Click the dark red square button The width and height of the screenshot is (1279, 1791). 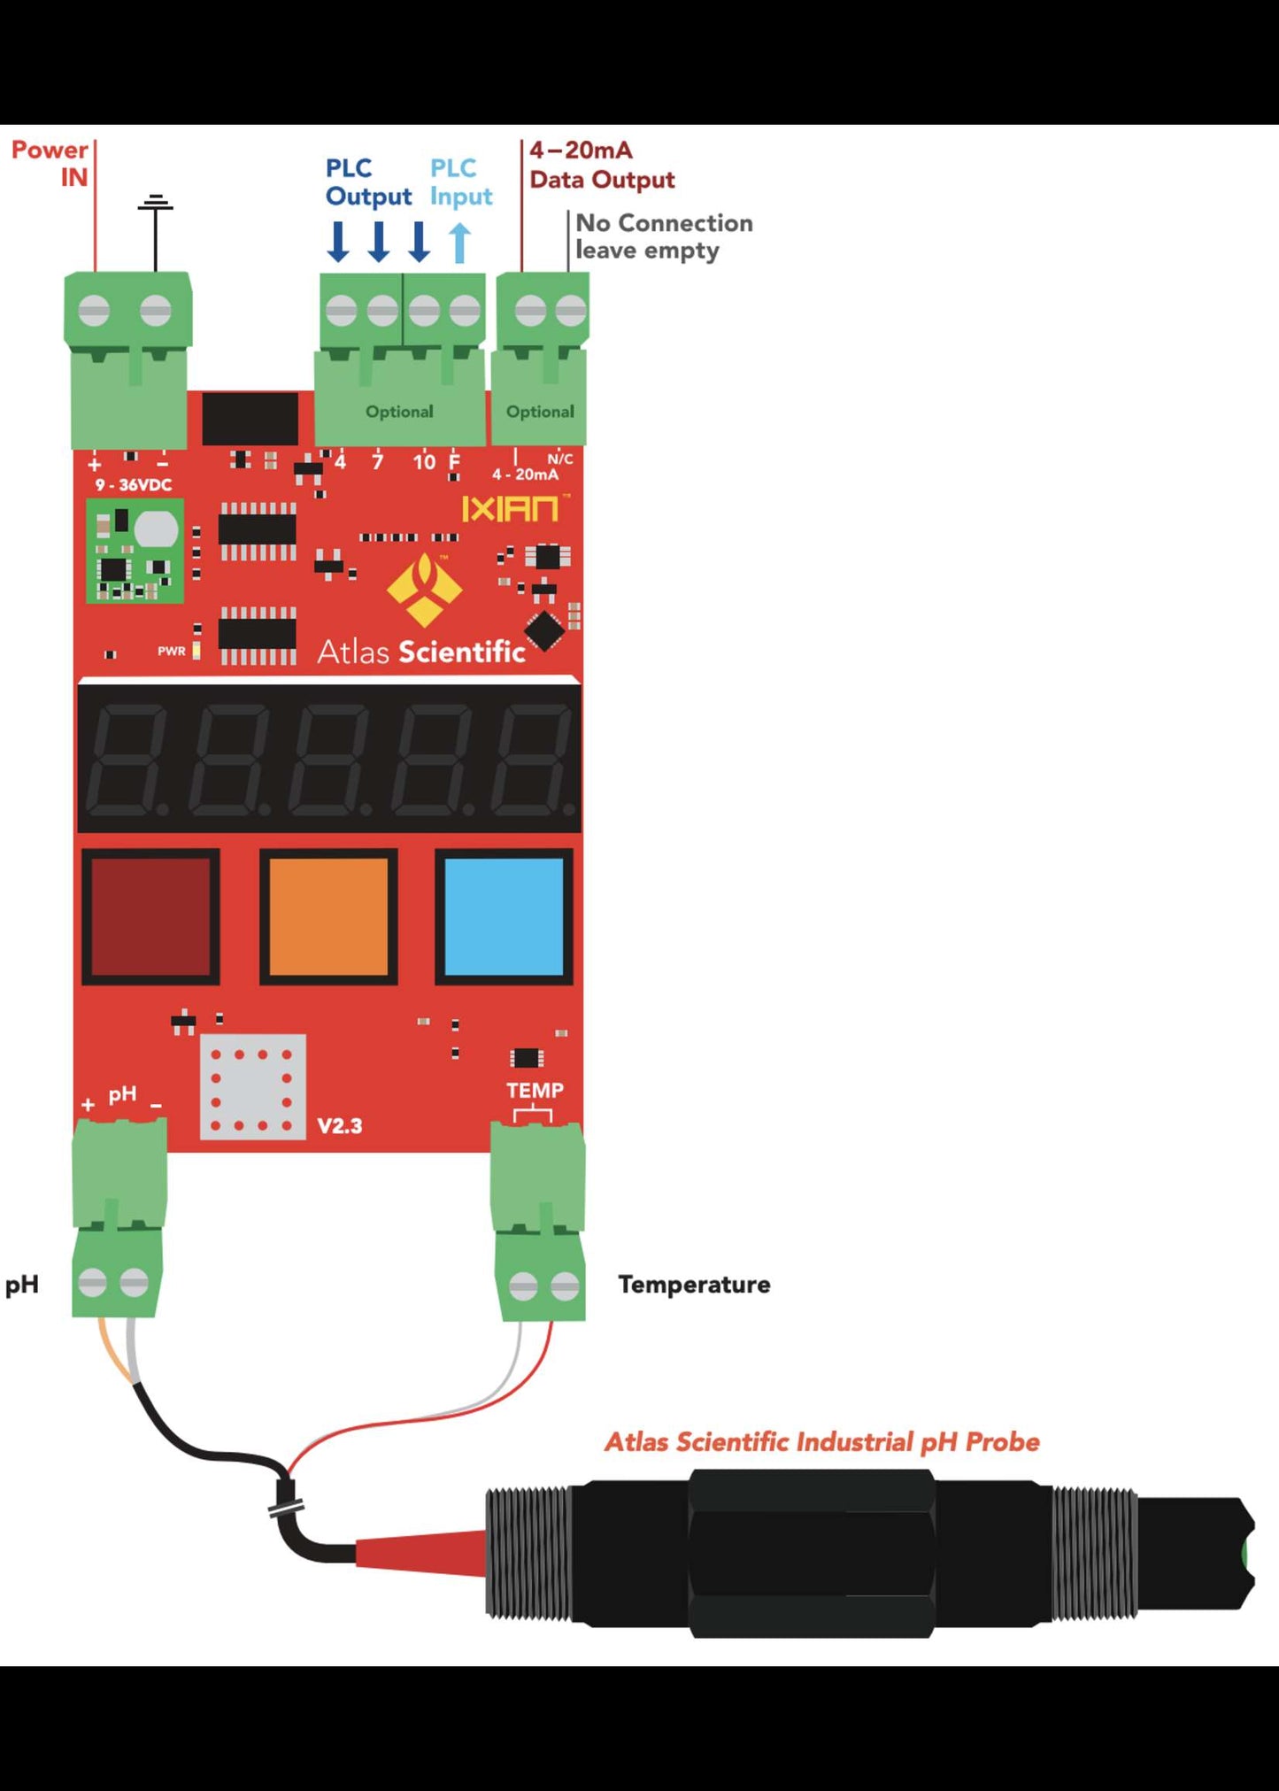[x=150, y=916]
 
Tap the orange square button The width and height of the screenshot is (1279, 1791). [x=328, y=916]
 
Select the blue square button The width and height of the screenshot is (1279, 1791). [x=504, y=916]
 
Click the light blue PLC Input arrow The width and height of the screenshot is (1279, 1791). [x=459, y=242]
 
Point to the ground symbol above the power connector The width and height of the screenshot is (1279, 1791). [x=156, y=205]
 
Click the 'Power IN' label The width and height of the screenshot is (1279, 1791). [x=50, y=164]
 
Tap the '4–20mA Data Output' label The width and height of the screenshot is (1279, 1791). [x=601, y=165]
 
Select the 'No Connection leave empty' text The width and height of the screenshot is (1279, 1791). [x=663, y=236]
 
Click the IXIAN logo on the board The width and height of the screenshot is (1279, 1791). [x=511, y=508]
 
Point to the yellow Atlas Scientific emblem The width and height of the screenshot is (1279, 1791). [x=425, y=589]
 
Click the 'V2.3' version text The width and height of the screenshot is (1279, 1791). [x=340, y=1126]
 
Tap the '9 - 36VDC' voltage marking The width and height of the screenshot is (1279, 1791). [x=134, y=485]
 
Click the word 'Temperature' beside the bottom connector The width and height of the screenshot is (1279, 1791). [x=694, y=1285]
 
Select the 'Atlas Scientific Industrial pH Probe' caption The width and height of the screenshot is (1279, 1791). [x=821, y=1442]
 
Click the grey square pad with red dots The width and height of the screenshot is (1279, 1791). [x=252, y=1086]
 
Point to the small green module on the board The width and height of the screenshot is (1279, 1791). [x=135, y=551]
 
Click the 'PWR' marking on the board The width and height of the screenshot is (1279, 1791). [x=172, y=651]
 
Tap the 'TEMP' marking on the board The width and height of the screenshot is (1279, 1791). [x=535, y=1091]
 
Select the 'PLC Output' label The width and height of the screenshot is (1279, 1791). [x=368, y=182]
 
